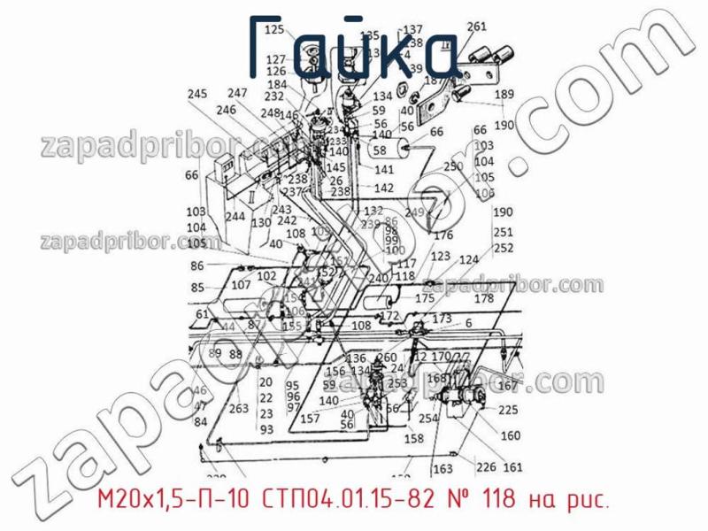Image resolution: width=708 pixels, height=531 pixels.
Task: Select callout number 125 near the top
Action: click(x=274, y=30)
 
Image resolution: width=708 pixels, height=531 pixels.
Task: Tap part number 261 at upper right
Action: click(x=501, y=26)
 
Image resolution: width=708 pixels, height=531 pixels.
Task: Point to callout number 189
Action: click(x=504, y=95)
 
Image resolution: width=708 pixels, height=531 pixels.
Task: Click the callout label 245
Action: click(x=197, y=95)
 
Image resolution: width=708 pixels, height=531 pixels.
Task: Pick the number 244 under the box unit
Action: click(x=235, y=216)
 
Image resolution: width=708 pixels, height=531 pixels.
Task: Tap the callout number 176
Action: click(x=442, y=235)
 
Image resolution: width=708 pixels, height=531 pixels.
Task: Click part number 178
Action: click(x=484, y=299)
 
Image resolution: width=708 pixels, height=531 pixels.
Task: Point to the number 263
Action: click(x=238, y=409)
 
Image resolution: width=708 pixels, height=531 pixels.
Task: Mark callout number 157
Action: click(x=310, y=419)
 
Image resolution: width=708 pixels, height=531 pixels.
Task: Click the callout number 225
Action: click(x=509, y=410)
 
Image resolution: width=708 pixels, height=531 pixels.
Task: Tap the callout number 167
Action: click(x=507, y=386)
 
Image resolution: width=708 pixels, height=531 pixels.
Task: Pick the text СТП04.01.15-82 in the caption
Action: click(x=348, y=501)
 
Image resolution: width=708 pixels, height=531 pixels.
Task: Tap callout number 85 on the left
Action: click(x=196, y=288)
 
